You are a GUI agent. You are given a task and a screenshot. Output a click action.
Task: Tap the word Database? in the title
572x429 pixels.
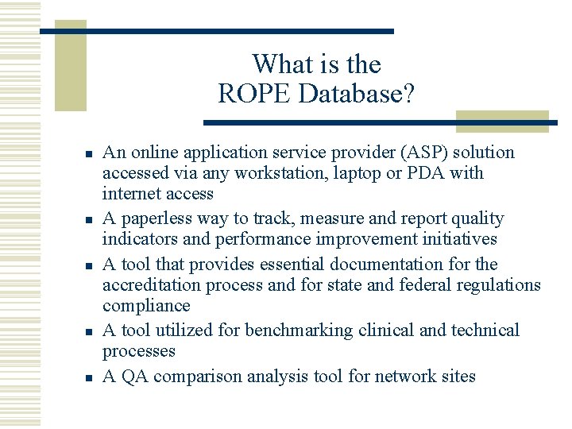click(x=357, y=95)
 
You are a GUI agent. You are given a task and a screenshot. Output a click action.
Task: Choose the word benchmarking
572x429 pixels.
click(x=300, y=330)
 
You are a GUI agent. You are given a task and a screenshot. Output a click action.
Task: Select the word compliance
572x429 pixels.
click(x=146, y=306)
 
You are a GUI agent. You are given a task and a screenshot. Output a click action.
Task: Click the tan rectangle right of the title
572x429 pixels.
click(x=502, y=121)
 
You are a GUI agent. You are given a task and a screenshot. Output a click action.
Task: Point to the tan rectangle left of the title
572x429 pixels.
click(x=70, y=65)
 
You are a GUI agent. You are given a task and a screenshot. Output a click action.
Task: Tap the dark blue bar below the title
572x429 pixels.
click(x=373, y=123)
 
